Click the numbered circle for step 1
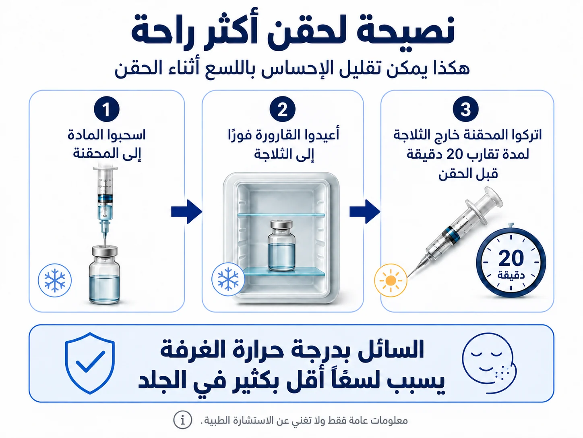pos(107,109)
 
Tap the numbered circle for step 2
pos(282,109)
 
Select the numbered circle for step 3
pos(465,109)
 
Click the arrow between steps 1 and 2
pos(187,212)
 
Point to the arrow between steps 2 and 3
pos(365,212)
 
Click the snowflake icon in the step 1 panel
pos(55,280)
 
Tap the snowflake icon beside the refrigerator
pos(228,279)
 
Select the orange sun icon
pos(391,280)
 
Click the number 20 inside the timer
pos(511,259)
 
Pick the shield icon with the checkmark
pos(90,363)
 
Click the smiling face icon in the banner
pos(489,363)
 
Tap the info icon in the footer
pos(182,420)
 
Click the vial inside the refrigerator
pos(281,245)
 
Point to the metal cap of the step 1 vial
pos(105,250)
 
